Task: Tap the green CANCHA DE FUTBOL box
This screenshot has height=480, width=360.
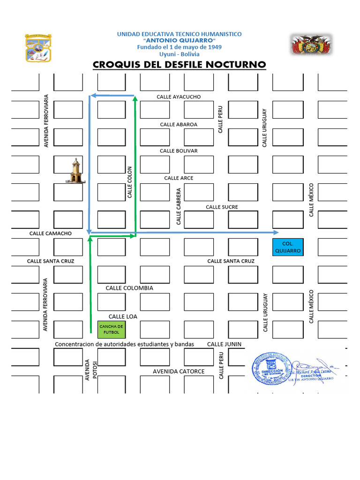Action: coord(111,330)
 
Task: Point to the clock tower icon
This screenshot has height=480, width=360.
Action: coord(75,171)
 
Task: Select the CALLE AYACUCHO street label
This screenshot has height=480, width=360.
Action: coord(179,97)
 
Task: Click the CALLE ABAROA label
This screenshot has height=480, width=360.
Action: coord(179,124)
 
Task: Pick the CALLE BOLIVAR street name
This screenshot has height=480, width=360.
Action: coord(179,151)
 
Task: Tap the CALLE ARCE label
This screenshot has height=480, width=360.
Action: coord(179,178)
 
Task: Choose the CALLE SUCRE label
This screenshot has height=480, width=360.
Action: coord(222,207)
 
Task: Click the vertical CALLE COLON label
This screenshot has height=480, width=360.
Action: coord(130,182)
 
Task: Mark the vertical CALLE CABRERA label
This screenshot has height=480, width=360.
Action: coord(179,207)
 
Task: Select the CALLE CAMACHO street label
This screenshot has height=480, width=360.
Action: coord(51,233)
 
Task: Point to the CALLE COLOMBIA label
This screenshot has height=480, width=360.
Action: coord(129,288)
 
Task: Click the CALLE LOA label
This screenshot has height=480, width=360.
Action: coord(123,316)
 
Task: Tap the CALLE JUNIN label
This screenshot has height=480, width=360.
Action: coord(225,344)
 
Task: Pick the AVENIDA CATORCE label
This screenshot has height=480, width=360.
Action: coord(179,371)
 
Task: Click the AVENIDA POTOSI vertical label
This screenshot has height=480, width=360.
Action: coord(90,370)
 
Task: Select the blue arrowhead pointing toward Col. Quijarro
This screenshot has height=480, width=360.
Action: coord(276,232)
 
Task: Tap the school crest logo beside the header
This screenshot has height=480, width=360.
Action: coord(38,47)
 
